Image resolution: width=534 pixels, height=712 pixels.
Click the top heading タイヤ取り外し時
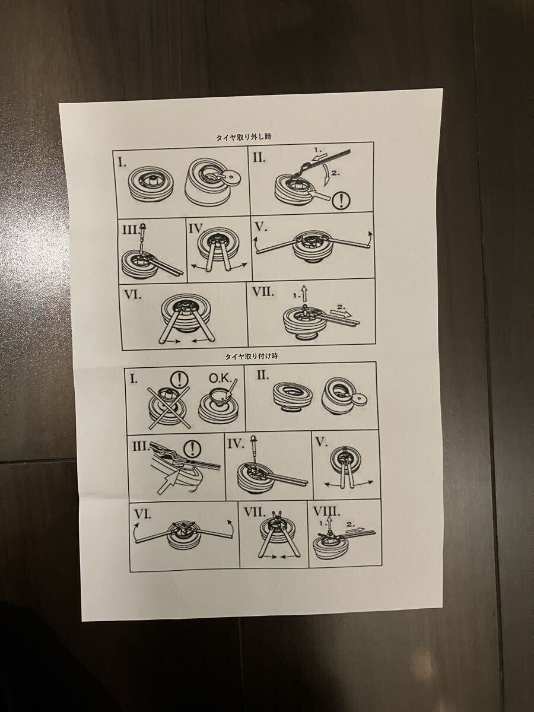click(243, 137)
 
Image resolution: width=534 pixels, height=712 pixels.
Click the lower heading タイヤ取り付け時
click(252, 356)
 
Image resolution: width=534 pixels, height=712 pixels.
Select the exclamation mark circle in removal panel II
click(342, 199)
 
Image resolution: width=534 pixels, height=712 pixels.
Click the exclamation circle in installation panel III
click(192, 449)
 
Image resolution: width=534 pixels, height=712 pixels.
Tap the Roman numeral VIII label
click(326, 512)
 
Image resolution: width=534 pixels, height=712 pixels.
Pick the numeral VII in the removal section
click(263, 293)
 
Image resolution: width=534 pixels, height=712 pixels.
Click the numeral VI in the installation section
click(142, 514)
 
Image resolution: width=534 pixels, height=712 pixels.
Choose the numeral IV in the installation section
click(236, 444)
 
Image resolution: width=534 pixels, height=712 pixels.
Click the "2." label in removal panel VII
click(341, 306)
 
